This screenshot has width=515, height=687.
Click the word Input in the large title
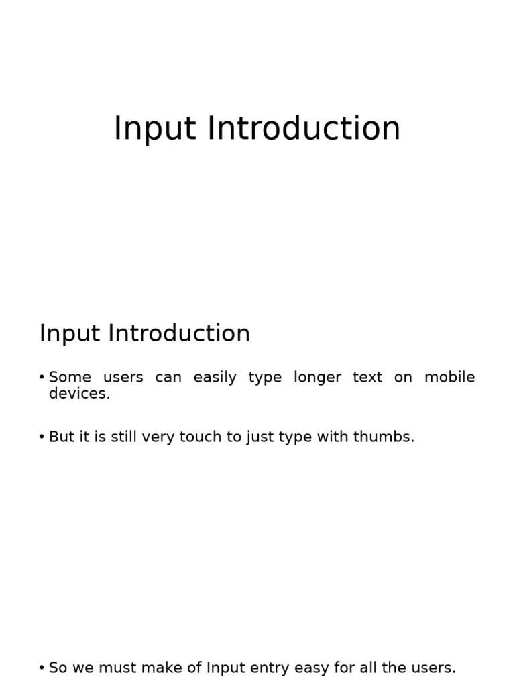pyautogui.click(x=155, y=129)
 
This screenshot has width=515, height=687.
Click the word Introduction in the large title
pyautogui.click(x=304, y=128)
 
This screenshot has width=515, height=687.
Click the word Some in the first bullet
pyautogui.click(x=70, y=377)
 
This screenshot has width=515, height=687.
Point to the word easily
pyautogui.click(x=215, y=378)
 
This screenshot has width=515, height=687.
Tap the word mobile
pyautogui.click(x=449, y=377)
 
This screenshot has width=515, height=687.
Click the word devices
pyautogui.click(x=79, y=393)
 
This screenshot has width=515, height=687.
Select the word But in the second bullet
pyautogui.click(x=62, y=437)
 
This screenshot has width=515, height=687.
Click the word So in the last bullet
pyautogui.click(x=58, y=668)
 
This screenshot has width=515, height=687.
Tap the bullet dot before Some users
pyautogui.click(x=42, y=378)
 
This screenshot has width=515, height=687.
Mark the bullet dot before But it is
pyautogui.click(x=42, y=437)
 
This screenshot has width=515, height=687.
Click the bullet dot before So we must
pyautogui.click(x=42, y=668)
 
